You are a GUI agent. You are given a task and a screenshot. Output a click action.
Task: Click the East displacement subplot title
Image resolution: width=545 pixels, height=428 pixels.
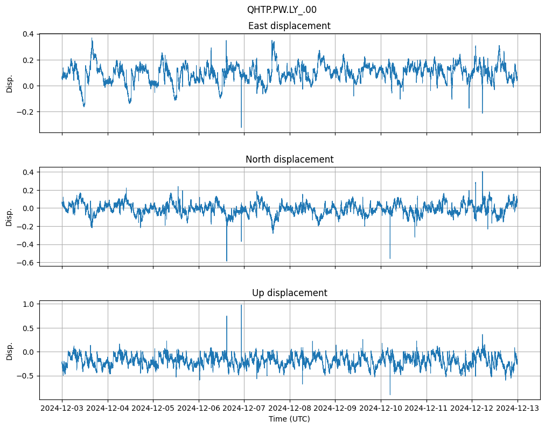click(289, 26)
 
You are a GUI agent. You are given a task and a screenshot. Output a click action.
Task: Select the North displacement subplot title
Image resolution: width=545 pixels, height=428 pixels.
click(289, 159)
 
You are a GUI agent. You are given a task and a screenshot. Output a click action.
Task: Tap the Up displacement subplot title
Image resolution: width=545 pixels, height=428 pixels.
click(289, 293)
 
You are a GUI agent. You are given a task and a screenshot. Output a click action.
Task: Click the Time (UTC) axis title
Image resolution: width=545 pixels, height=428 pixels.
click(289, 419)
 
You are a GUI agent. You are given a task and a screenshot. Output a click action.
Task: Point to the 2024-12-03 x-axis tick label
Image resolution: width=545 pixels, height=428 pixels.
click(62, 409)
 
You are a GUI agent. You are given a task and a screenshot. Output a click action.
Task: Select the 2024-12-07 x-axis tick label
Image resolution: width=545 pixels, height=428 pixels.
click(244, 409)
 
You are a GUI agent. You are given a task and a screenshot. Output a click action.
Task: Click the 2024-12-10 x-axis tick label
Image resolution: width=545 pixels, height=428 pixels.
click(381, 409)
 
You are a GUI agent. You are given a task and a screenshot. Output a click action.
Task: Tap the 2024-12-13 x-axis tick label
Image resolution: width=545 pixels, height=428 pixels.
click(518, 409)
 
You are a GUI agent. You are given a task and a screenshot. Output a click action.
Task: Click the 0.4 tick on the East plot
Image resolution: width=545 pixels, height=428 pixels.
click(27, 34)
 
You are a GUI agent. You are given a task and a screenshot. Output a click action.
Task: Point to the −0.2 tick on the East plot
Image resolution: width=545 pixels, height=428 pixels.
click(25, 112)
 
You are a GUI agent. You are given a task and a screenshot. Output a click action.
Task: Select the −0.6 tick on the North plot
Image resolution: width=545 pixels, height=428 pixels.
click(25, 263)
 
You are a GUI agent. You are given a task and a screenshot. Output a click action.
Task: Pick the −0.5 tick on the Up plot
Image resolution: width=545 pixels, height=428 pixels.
click(25, 376)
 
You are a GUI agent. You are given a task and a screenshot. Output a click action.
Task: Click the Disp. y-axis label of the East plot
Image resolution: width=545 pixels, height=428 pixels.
click(10, 83)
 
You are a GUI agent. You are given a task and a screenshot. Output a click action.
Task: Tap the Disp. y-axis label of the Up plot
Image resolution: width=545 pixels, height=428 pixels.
click(10, 350)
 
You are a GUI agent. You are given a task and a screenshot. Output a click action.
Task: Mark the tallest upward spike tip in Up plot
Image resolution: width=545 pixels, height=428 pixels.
click(241, 305)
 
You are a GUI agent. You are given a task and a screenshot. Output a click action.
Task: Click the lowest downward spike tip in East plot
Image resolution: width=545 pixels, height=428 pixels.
click(241, 127)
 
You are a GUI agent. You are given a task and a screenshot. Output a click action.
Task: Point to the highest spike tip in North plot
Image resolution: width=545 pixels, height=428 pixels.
click(483, 172)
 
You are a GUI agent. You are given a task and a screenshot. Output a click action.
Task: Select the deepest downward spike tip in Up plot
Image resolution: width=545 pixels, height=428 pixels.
click(390, 395)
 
